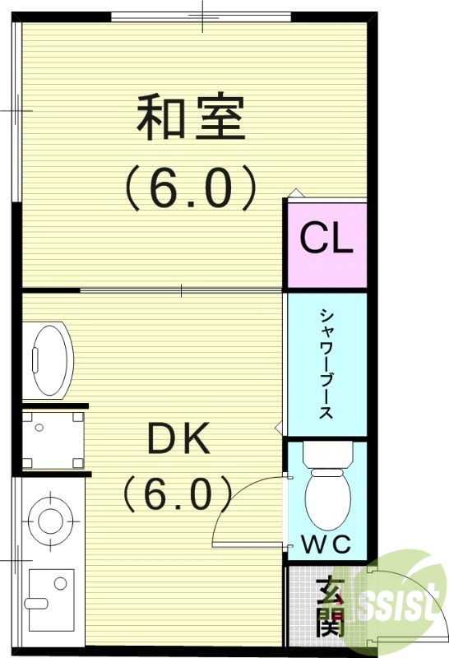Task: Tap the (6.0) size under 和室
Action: pos(190,188)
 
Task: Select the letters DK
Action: pos(178,442)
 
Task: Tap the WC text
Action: pos(326,544)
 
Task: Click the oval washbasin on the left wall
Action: pos(49,359)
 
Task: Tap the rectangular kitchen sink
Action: pos(51,593)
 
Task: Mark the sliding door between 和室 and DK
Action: pos(181,290)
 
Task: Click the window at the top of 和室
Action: pos(201,16)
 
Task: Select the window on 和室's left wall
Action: pos(16,111)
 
